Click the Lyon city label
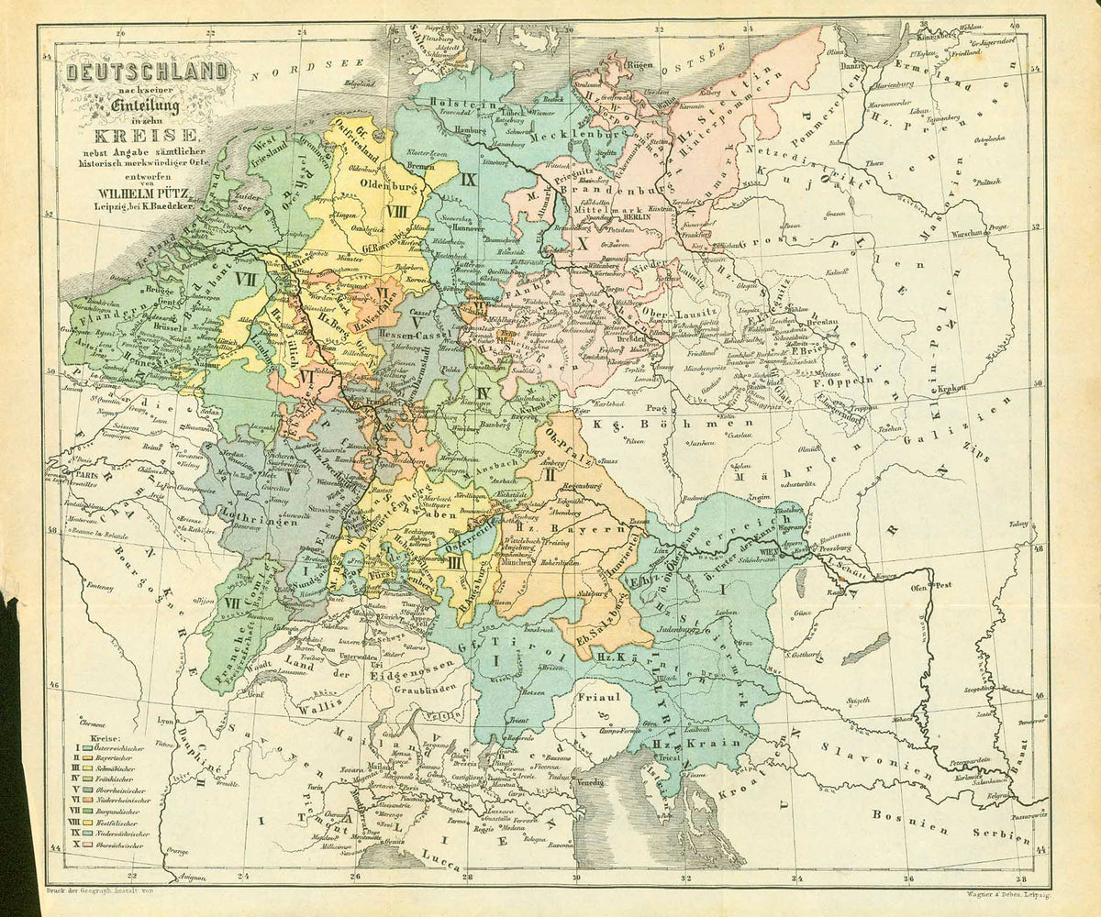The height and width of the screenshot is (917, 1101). coord(165,722)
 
